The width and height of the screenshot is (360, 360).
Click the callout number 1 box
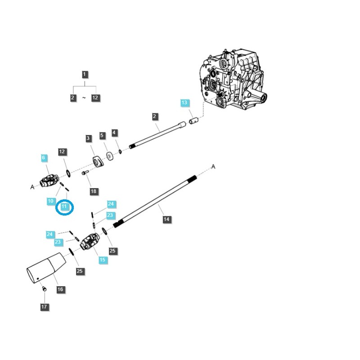pos(85,74)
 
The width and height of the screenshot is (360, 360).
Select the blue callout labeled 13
pos(184,103)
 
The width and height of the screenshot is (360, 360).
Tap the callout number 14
pos(166,219)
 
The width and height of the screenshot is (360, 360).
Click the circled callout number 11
pos(64,207)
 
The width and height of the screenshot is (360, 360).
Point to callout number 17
pos(44,307)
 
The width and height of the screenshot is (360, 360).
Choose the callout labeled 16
pos(60,289)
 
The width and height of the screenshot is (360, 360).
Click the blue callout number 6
pos(44,158)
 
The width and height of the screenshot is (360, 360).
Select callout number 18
pos(94,191)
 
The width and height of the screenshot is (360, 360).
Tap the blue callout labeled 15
pos(103,260)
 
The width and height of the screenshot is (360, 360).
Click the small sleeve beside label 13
pos(194,121)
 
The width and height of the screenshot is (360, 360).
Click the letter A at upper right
pos(213,167)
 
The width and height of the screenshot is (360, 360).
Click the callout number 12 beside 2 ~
pos(95,98)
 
